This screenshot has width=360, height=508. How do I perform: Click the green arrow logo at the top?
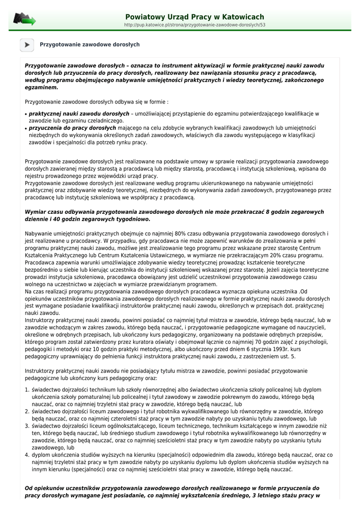[x=24, y=19]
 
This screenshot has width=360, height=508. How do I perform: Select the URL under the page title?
[x=194, y=24]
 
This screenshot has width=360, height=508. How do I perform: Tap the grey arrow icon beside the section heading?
[x=27, y=45]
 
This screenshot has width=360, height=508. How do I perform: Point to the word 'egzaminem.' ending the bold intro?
[x=41, y=87]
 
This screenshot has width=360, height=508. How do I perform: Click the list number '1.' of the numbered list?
[x=28, y=390]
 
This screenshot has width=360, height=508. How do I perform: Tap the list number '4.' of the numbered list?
[x=28, y=454]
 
